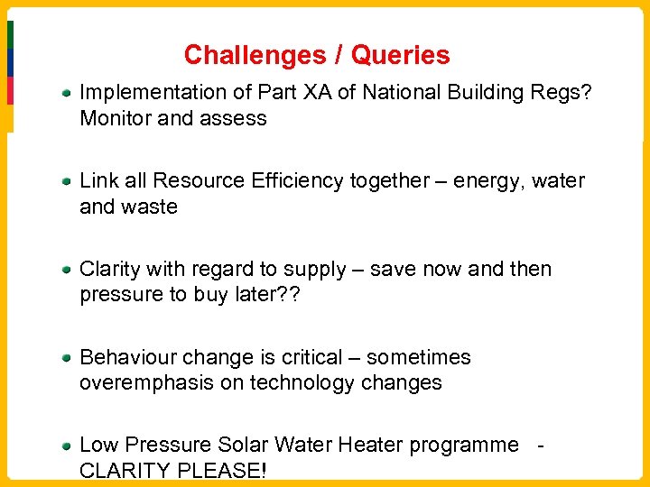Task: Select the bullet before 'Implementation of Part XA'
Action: tap(68, 93)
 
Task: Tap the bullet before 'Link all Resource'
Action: tap(68, 181)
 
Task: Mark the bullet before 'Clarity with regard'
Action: tap(68, 270)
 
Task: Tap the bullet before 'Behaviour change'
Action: tap(68, 358)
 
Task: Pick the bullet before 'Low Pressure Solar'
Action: tap(68, 446)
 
